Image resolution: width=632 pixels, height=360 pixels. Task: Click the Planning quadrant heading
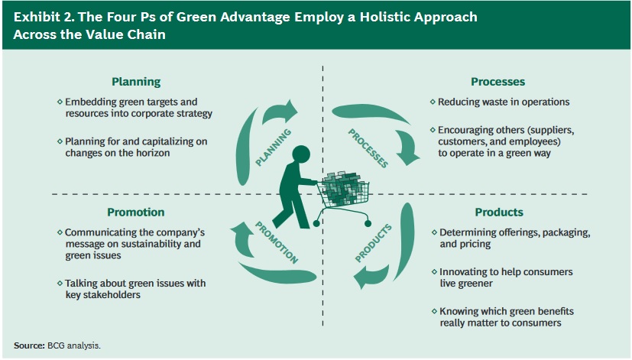[x=136, y=82]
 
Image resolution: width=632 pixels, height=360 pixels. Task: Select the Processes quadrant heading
[x=497, y=82]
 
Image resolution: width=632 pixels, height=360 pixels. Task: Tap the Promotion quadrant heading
[x=136, y=212]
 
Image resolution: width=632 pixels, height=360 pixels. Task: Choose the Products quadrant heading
[x=499, y=212]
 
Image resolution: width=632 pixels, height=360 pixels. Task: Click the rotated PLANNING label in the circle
[x=274, y=148]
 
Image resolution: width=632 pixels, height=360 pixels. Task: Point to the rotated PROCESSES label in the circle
[x=368, y=148]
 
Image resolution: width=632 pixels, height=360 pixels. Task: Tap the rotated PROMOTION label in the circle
[x=277, y=242]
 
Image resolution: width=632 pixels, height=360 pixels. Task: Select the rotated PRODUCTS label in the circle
[x=373, y=243]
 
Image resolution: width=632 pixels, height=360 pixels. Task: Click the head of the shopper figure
[x=300, y=156]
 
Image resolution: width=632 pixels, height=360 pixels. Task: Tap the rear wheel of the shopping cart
[x=316, y=223]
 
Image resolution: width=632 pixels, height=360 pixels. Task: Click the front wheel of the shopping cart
[x=368, y=223]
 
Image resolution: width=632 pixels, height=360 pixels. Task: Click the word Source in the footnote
[x=29, y=345]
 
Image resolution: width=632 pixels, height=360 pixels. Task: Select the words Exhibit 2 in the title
[x=44, y=17]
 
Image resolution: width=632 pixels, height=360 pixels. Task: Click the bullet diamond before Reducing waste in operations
[x=433, y=102]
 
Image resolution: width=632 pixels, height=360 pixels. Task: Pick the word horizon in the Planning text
[x=153, y=153]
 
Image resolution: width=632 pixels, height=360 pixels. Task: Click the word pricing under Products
[x=476, y=245]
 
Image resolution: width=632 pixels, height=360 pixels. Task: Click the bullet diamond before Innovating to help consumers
[x=434, y=271]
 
